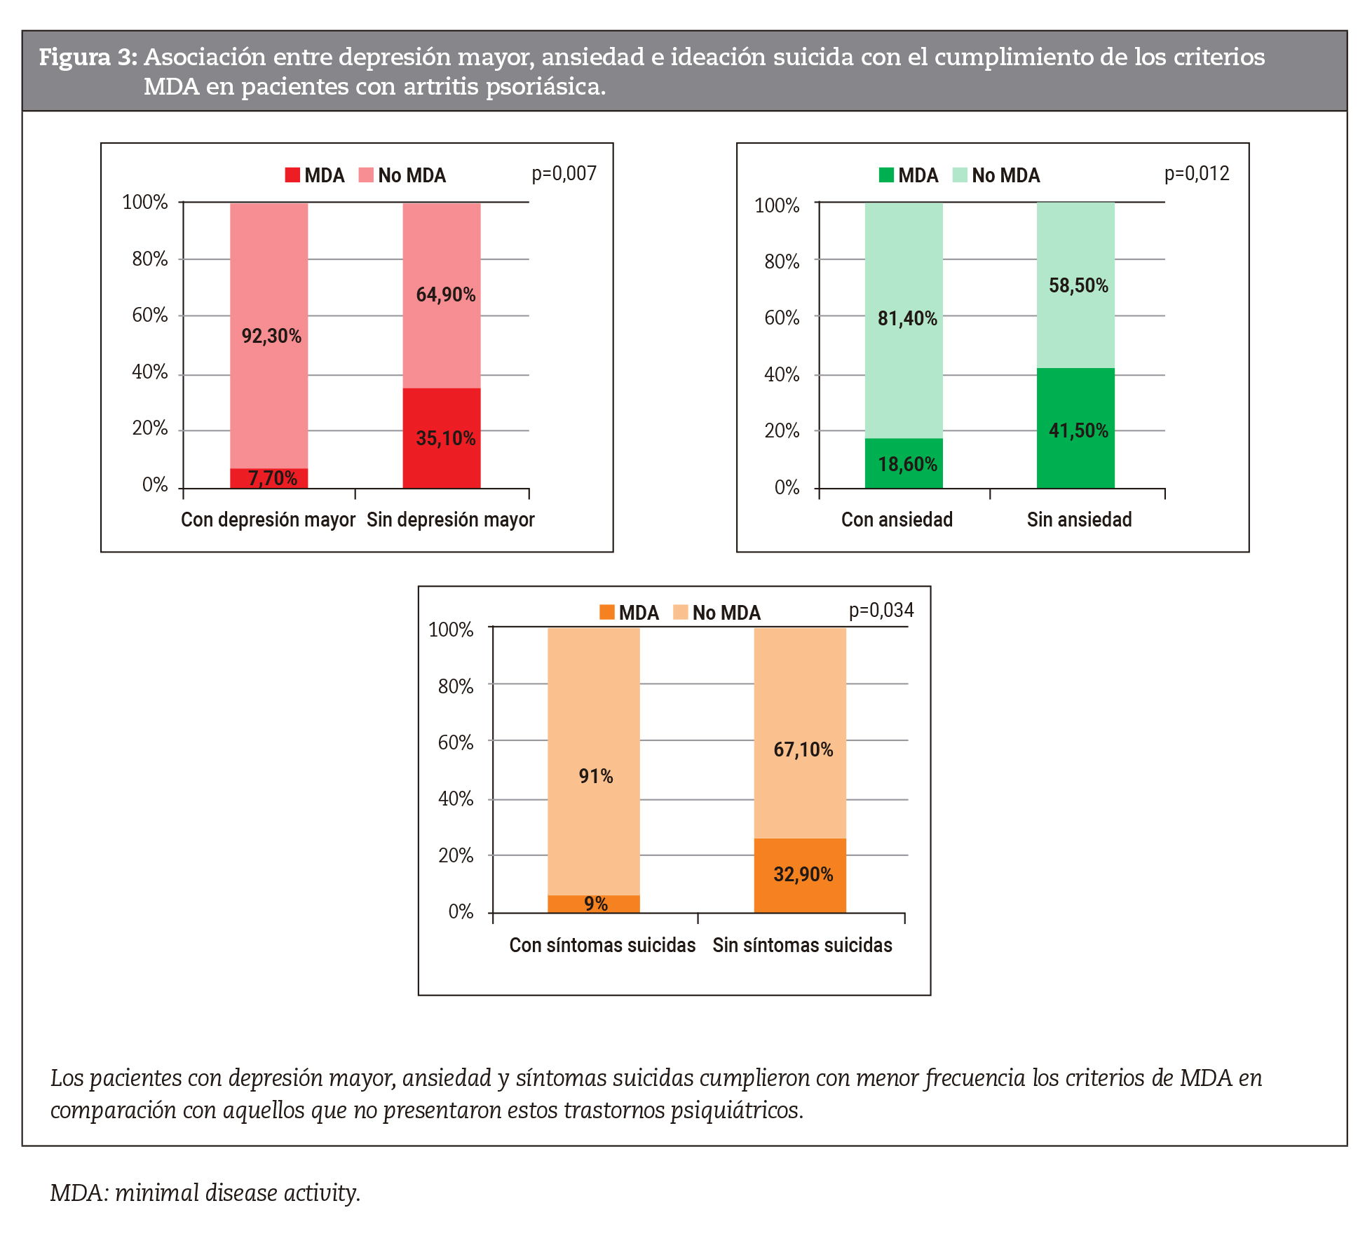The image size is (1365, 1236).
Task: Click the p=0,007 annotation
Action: point(564,173)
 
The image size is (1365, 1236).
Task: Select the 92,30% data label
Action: point(271,337)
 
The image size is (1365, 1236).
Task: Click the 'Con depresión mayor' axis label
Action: point(268,519)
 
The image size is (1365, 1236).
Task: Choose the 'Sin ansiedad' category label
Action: point(1079,519)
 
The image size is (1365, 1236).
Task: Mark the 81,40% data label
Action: point(907,318)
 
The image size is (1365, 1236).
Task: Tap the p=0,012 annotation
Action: point(1197,173)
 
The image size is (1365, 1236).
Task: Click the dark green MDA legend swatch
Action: point(886,175)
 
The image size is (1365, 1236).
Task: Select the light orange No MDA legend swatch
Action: point(680,612)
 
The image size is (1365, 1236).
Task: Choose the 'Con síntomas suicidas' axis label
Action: point(602,945)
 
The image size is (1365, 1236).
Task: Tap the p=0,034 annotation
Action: point(881,610)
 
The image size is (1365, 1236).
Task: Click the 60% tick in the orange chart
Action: point(456,742)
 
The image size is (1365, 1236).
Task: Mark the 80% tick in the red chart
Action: point(150,259)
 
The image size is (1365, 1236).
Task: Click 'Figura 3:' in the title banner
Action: point(88,57)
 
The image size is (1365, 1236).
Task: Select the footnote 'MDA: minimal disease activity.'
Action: point(205,1193)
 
